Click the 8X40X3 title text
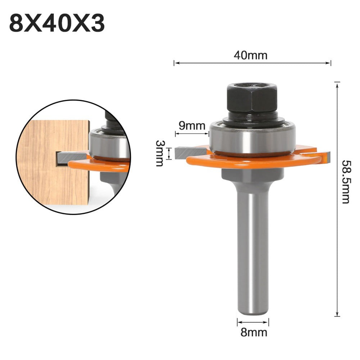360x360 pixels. click(57, 23)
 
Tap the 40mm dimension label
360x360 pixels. click(251, 55)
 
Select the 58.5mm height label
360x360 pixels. click(346, 182)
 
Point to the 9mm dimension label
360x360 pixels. click(192, 126)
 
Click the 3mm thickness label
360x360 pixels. click(159, 153)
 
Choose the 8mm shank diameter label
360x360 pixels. click(254, 332)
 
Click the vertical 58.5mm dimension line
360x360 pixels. click(337, 234)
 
